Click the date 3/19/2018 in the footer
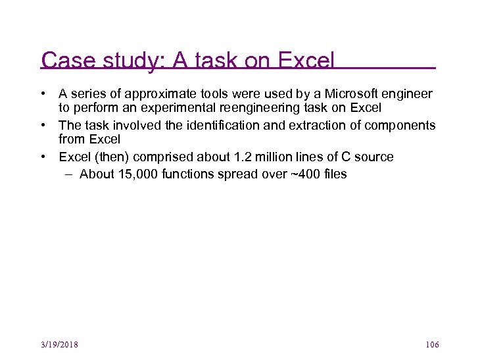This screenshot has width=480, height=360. tap(60, 344)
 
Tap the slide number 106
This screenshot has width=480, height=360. tap(432, 344)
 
